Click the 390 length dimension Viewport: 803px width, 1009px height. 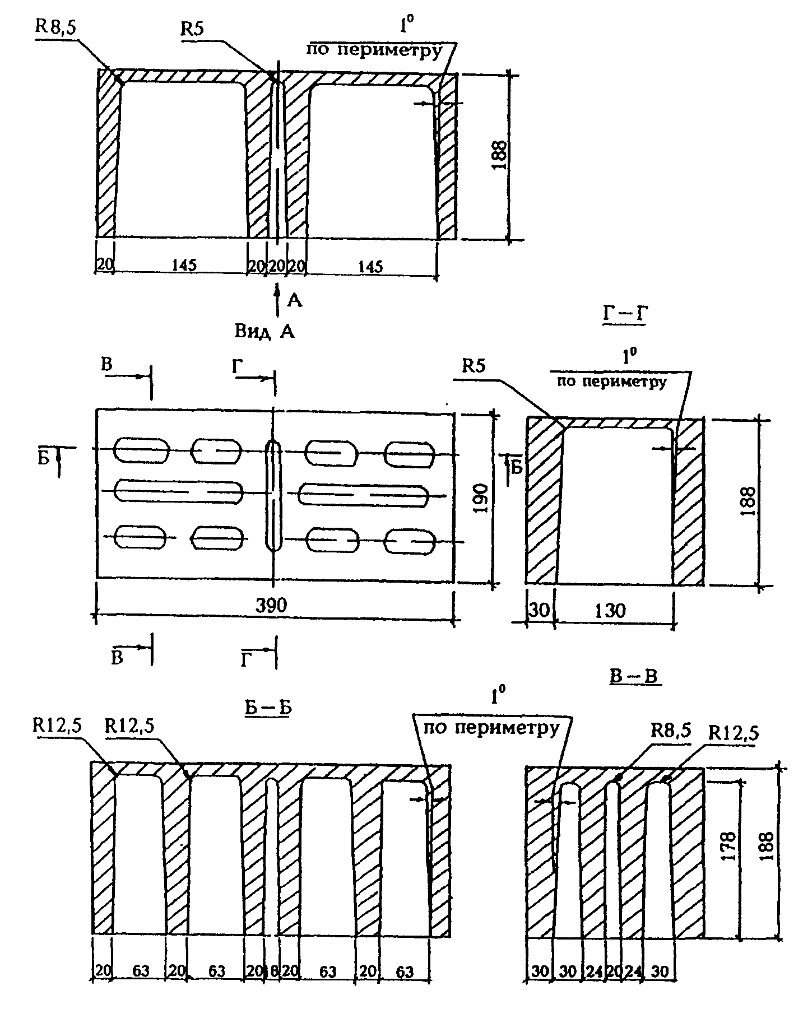(271, 605)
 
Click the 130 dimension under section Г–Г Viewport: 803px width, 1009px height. (610, 610)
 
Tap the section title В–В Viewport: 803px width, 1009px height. (634, 677)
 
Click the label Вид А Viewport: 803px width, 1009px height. (264, 332)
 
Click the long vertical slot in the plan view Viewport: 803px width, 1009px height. (273, 495)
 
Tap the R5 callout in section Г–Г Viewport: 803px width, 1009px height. (474, 367)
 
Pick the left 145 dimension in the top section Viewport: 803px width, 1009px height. (184, 265)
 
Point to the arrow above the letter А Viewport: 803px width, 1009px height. (276, 295)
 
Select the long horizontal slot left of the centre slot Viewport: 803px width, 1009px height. (178, 491)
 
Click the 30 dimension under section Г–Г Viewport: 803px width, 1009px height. (539, 610)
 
